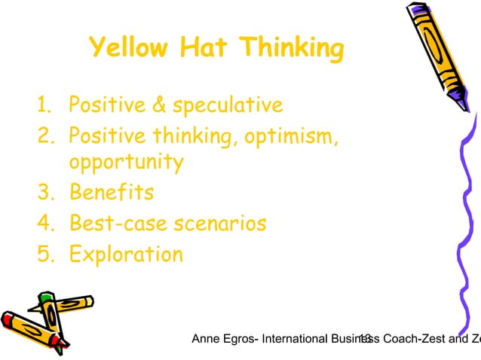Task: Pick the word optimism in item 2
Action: pos(290,136)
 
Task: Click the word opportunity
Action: pos(126,163)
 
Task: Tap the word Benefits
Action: pos(112,192)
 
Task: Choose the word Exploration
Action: pos(126,254)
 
